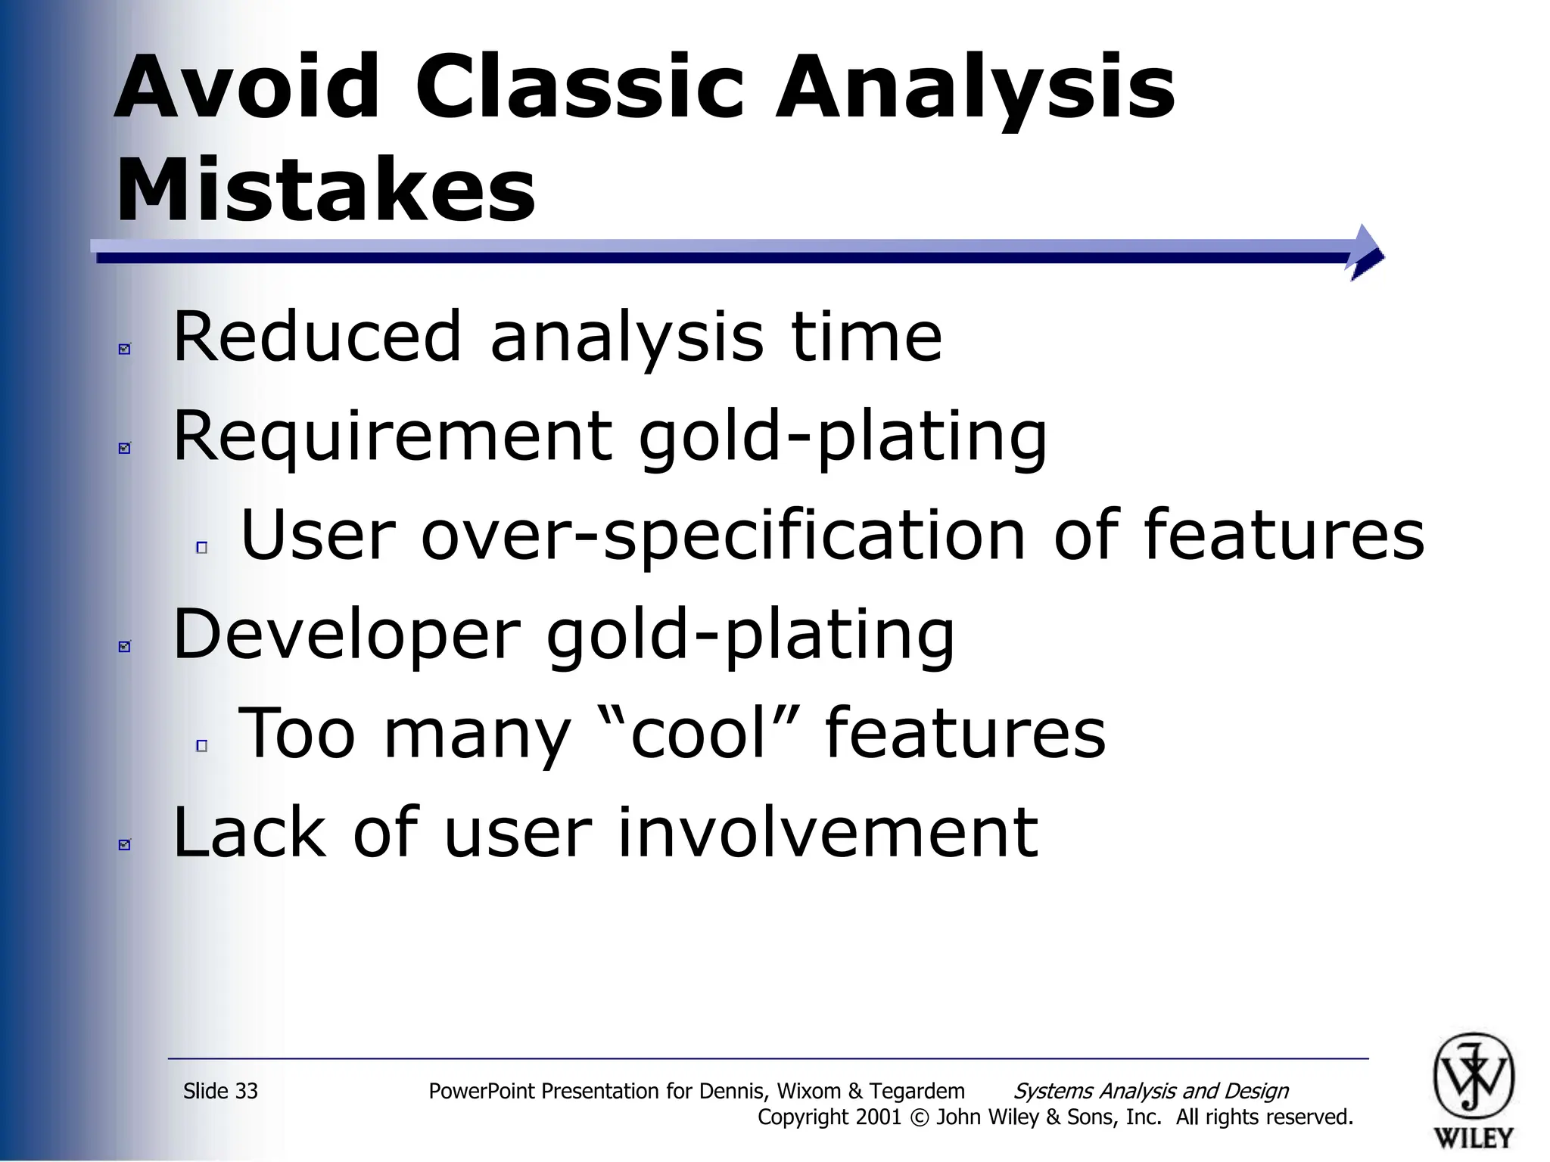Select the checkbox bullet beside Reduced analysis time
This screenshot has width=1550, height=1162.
click(x=125, y=349)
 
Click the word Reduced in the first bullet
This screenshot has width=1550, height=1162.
click(x=317, y=337)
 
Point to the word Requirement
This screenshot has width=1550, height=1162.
click(x=392, y=437)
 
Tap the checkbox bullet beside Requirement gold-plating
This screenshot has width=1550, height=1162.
click(x=125, y=448)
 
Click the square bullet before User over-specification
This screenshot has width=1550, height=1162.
click(x=201, y=548)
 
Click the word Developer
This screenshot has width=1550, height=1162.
click(x=347, y=635)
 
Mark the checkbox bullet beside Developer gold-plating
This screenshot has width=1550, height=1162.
click(x=125, y=646)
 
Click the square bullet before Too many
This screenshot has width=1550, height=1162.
click(x=201, y=746)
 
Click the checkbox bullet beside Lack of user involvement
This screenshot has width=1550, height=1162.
click(x=125, y=844)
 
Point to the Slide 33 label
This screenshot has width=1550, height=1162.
click(x=220, y=1091)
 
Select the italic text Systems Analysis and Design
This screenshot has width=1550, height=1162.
click(x=1150, y=1091)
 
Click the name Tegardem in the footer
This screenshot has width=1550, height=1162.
click(x=917, y=1091)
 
